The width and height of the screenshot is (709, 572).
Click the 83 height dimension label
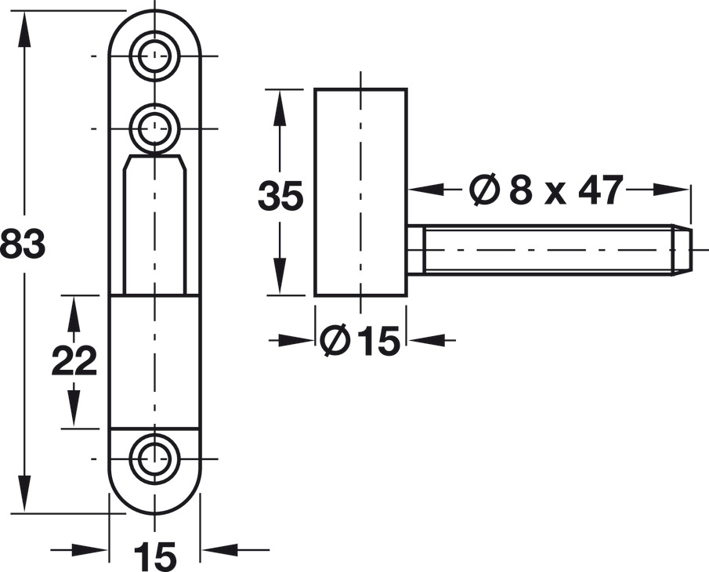click(x=22, y=244)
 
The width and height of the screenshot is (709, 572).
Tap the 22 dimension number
click(x=74, y=360)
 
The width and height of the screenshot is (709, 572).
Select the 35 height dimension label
click(x=280, y=196)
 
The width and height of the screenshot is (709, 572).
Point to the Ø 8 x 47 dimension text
click(x=546, y=190)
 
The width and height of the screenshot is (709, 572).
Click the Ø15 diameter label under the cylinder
click(x=360, y=340)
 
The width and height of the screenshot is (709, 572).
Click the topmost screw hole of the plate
click(x=154, y=56)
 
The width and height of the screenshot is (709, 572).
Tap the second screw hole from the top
click(x=154, y=129)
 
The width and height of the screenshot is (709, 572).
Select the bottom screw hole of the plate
click(x=154, y=459)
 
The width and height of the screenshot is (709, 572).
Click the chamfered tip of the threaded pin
click(x=682, y=249)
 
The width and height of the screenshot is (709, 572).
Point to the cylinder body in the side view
click(x=361, y=192)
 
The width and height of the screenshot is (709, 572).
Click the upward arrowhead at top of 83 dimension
click(x=24, y=28)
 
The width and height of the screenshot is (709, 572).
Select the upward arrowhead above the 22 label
click(x=74, y=313)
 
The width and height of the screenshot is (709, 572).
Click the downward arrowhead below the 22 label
click(x=74, y=409)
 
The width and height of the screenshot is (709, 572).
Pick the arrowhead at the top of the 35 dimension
click(x=280, y=107)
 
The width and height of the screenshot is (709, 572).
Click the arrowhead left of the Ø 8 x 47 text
click(x=426, y=190)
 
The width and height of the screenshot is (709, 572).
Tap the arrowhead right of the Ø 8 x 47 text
click(x=671, y=190)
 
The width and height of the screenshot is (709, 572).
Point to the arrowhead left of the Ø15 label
click(x=296, y=340)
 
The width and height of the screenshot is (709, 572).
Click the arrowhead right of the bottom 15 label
click(x=219, y=550)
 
